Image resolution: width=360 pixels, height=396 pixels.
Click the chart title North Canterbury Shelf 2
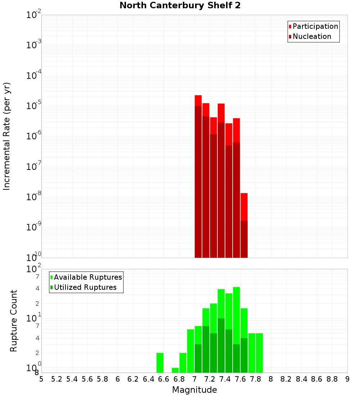click(180, 6)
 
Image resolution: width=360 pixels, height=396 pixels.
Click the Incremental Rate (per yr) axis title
click(7, 136)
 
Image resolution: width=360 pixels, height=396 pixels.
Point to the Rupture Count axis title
click(14, 321)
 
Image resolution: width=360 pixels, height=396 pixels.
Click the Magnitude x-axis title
click(194, 390)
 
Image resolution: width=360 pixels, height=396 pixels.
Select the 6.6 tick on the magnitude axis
click(164, 379)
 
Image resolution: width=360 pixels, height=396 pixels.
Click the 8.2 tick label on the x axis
click(286, 379)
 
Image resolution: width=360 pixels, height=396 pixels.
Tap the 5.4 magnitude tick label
click(72, 379)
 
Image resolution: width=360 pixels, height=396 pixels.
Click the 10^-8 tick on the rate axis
click(34, 197)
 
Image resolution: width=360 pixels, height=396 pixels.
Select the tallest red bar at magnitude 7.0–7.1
click(198, 176)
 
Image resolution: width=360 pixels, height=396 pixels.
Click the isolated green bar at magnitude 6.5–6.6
click(160, 363)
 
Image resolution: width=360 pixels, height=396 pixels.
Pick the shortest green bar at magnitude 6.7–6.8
click(175, 370)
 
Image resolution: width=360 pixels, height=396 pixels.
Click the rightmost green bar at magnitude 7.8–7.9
click(259, 353)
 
